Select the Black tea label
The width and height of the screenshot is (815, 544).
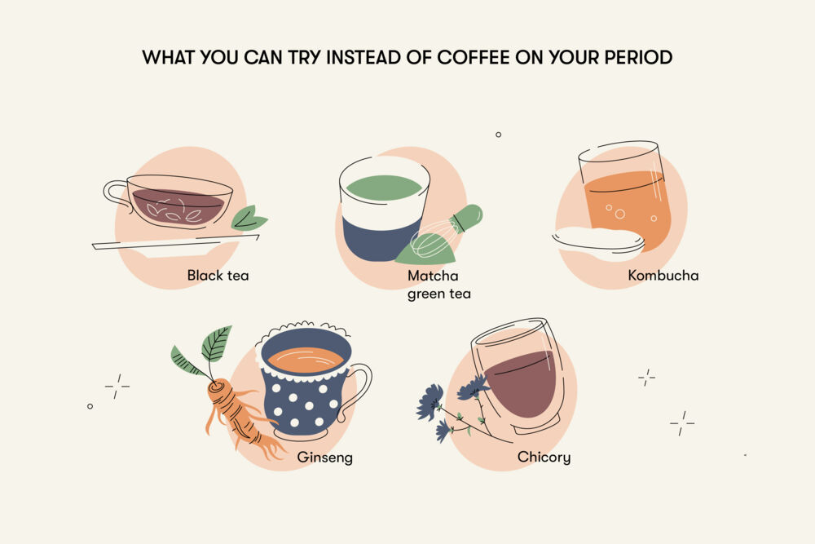[x=218, y=276]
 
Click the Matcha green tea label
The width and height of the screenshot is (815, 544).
[x=439, y=285]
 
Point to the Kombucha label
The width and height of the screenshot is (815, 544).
[x=663, y=276]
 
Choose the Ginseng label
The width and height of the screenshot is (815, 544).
[x=325, y=458]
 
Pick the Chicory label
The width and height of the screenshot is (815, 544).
[x=544, y=458]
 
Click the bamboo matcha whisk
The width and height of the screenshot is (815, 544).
[x=444, y=232]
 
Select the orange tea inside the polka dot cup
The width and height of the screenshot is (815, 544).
[x=306, y=360]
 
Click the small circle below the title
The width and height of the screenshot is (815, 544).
[x=498, y=135]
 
